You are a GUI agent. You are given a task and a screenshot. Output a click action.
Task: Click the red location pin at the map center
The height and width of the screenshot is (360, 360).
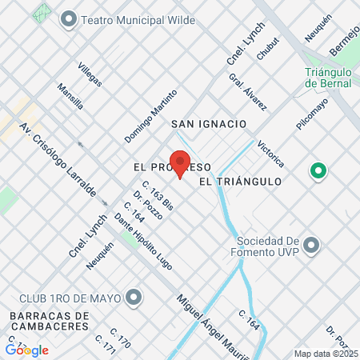[180, 165]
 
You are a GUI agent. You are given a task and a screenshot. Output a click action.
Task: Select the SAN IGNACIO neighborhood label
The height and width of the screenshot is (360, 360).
[208, 124]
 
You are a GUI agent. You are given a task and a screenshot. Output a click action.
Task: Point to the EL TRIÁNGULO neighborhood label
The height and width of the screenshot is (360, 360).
[240, 182]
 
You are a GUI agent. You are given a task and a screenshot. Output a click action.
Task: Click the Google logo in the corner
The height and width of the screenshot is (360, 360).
[27, 350]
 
